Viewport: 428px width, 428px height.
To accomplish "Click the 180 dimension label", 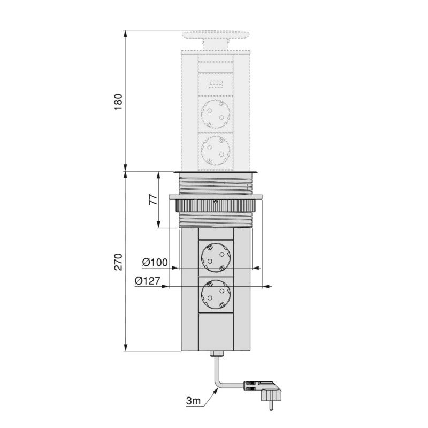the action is (x=118, y=102).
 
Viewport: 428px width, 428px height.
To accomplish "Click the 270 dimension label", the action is (x=118, y=262).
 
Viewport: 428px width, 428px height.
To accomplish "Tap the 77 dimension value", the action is (x=153, y=200).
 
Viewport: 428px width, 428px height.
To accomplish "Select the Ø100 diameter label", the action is (x=155, y=262).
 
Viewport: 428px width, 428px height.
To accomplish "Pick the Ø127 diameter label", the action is (x=148, y=280).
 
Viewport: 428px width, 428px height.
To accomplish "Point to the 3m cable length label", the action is (x=193, y=401).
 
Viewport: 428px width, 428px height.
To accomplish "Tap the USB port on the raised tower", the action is (x=216, y=84).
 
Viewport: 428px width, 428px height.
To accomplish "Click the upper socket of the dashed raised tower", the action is (x=216, y=114).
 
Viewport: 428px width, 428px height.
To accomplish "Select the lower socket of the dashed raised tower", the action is (x=216, y=151).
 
